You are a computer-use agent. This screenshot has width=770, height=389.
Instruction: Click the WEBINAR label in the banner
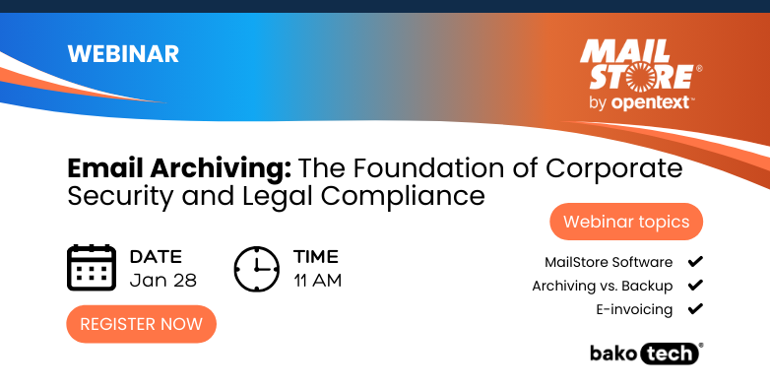[x=123, y=54]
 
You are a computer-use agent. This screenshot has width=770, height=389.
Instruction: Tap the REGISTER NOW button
[x=141, y=324]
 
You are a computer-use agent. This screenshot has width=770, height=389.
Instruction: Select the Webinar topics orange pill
[x=626, y=222]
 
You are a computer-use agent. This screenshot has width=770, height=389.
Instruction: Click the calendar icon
[x=92, y=267]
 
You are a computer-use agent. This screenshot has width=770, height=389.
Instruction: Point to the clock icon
[x=258, y=267]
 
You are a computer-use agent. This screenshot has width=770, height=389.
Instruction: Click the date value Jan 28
[x=163, y=280]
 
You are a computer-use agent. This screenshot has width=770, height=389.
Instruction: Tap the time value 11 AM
[x=317, y=280]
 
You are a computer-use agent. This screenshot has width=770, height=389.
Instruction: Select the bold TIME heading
[x=315, y=257]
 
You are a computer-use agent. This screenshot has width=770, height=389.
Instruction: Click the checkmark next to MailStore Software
[x=695, y=262]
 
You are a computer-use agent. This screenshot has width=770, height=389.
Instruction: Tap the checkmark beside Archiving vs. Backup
[x=695, y=286]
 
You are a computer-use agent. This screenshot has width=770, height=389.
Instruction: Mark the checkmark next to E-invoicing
[x=695, y=309]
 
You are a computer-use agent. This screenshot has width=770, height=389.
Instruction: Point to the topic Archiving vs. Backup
[x=603, y=286]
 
